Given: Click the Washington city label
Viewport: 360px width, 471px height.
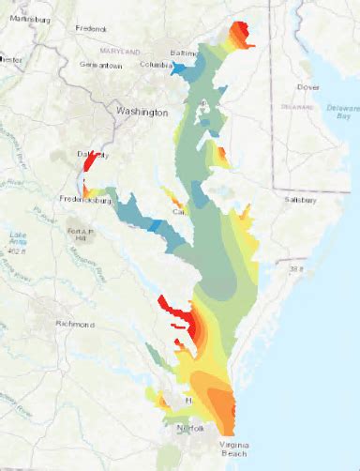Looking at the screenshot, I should point(142,111).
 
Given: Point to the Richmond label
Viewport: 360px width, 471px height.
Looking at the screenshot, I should point(74,324).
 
